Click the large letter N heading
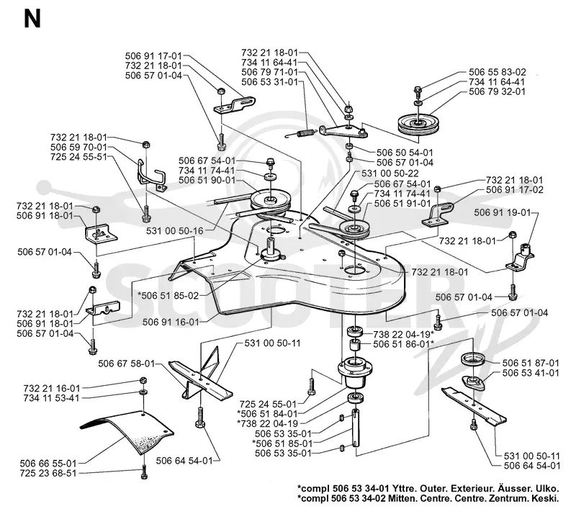(x=32, y=19)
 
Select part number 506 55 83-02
(x=497, y=72)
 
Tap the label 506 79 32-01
(x=497, y=91)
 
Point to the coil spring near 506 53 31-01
(x=300, y=133)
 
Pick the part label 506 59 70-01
(x=78, y=148)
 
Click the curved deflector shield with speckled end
(x=127, y=432)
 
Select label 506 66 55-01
(x=48, y=464)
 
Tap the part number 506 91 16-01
(x=171, y=322)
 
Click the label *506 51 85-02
(x=168, y=296)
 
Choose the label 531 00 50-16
(x=174, y=231)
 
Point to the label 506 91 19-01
(x=502, y=212)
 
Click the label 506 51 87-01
(x=531, y=363)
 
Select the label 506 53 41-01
(x=531, y=373)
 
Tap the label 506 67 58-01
(x=127, y=364)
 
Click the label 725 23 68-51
(x=48, y=474)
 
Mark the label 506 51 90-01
(x=207, y=181)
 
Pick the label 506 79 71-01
(x=269, y=73)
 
